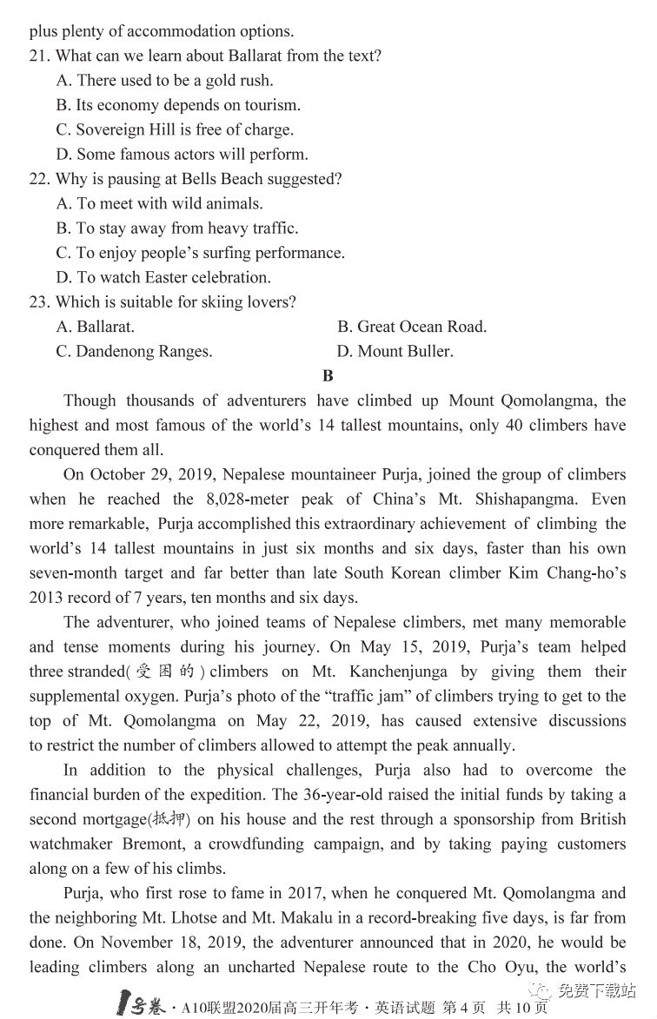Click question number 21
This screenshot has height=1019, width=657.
tap(39, 56)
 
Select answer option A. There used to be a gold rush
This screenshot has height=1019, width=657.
tap(164, 81)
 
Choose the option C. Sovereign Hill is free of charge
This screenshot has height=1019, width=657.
tap(175, 130)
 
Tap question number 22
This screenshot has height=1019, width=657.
tap(39, 180)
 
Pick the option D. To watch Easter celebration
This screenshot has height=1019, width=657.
tap(163, 278)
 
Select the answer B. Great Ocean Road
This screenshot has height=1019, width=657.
tap(412, 328)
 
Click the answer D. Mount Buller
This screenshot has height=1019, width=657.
tap(395, 352)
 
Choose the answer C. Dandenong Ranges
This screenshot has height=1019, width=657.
tap(134, 352)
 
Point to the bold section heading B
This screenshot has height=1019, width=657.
tap(328, 376)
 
